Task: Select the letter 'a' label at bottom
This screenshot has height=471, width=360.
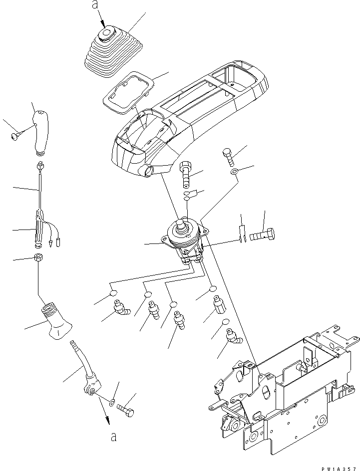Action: point(114,438)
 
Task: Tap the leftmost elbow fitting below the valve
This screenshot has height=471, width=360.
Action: point(120,310)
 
